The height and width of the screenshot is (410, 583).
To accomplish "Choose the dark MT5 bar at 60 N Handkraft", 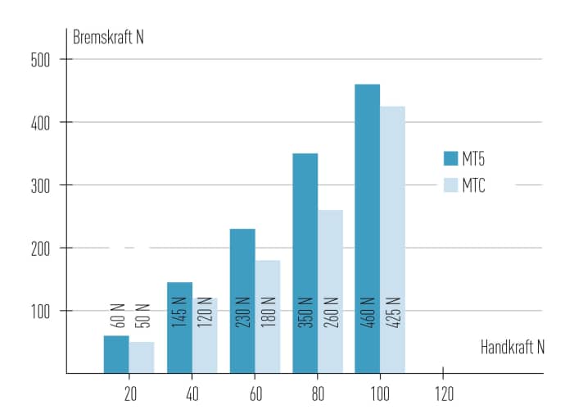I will [242, 279].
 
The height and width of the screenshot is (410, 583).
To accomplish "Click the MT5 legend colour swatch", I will [450, 158].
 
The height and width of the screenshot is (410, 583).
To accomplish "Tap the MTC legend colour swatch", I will [450, 185].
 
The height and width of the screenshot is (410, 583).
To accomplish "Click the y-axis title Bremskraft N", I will [108, 37].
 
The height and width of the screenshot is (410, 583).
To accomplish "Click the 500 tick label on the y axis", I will [41, 59].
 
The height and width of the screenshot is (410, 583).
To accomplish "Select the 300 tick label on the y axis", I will [41, 185].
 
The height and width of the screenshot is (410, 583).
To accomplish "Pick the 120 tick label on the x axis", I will [443, 392].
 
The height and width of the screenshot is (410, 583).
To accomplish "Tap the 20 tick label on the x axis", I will [129, 392].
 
